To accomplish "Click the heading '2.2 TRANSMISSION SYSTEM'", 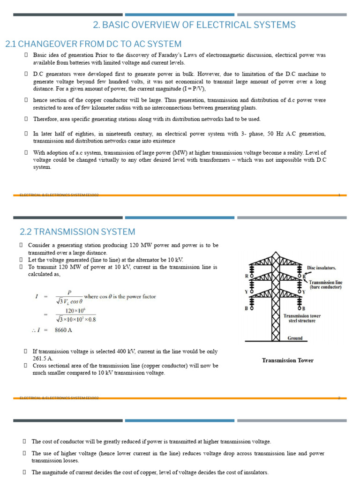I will click(77, 232).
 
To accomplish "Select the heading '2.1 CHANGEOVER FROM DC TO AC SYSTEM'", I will click(93, 44).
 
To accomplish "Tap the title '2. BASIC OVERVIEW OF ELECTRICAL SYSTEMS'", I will click(194, 25).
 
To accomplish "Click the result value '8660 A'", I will click(64, 330).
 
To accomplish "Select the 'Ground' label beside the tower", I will click(295, 338).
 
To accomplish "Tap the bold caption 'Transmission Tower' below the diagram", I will click(287, 360).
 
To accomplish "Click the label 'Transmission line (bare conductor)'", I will click(325, 285).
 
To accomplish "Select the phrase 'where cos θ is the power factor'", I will click(120, 296).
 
